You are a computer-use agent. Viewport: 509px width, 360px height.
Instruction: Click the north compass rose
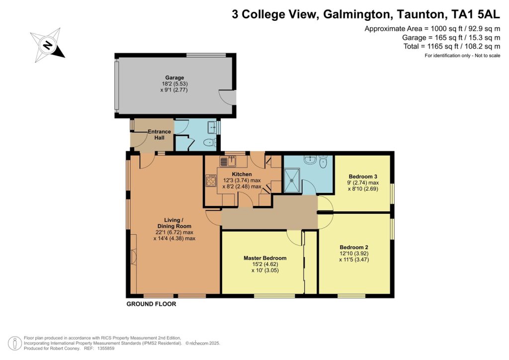(48, 45)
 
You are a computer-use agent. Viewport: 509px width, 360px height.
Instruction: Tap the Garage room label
(174, 78)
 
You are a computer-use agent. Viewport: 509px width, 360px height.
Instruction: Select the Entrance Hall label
(159, 134)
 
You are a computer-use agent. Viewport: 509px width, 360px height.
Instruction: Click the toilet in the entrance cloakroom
(210, 143)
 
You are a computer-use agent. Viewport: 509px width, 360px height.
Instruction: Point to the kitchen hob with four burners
(211, 180)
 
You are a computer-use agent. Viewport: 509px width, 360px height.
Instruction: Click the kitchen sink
(228, 161)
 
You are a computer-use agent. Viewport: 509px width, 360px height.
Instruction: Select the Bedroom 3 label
(363, 177)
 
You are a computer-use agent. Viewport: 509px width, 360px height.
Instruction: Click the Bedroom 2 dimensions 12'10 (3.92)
(354, 254)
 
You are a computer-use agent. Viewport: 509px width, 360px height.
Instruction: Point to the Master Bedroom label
(265, 258)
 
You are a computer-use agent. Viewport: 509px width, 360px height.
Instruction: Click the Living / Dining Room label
(174, 223)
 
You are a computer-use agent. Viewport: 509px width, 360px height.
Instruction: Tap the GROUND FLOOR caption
(151, 304)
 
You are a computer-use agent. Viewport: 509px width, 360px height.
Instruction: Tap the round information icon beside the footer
(14, 344)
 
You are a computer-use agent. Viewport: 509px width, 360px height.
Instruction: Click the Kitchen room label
(242, 175)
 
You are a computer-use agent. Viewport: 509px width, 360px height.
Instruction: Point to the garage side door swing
(226, 97)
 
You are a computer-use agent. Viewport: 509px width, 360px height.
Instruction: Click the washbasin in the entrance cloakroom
(213, 127)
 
